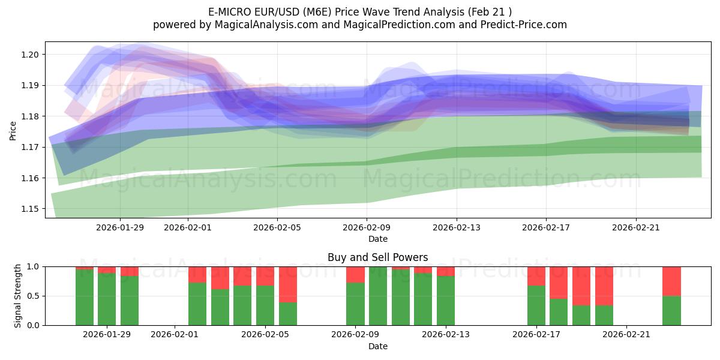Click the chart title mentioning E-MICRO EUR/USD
point(360,12)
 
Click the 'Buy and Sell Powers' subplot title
point(377,257)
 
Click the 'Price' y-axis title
point(13,130)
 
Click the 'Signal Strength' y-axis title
point(18,296)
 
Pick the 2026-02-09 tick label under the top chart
point(367,227)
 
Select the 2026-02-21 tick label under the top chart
point(636,227)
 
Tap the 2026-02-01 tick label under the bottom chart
point(175,334)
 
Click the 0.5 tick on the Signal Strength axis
point(35,296)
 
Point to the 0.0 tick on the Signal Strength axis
point(35,325)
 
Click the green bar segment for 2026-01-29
point(107,299)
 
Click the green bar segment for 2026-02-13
point(446,301)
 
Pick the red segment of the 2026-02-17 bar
point(536,276)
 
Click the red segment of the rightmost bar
point(671,281)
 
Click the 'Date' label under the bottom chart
point(377,346)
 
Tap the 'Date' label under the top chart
point(377,239)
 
